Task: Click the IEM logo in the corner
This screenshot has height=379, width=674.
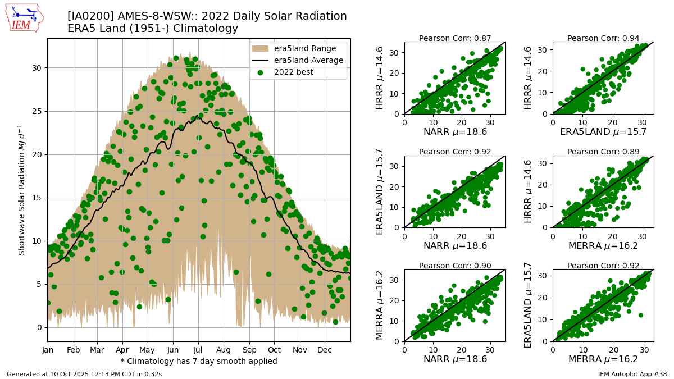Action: pos(23,18)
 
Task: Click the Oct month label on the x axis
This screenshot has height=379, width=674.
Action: pos(274,350)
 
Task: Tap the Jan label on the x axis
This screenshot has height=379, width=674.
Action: pos(48,350)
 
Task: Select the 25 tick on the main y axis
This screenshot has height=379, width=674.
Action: pos(37,111)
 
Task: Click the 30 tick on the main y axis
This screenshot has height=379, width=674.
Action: pos(37,68)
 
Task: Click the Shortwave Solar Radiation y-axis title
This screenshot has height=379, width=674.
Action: pos(22,190)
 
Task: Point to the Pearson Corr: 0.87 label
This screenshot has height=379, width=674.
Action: pos(455,38)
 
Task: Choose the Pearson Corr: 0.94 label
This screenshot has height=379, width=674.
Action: pos(603,38)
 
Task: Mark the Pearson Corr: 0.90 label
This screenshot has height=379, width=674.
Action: pos(455,266)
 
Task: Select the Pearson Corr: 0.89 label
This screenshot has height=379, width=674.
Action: pos(603,152)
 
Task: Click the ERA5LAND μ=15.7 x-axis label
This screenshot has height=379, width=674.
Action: pos(603,132)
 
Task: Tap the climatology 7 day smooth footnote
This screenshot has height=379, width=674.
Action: pos(199,361)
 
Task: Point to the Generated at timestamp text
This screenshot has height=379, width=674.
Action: pos(84,373)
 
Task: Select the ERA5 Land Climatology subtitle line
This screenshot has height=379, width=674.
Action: pos(153,28)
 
